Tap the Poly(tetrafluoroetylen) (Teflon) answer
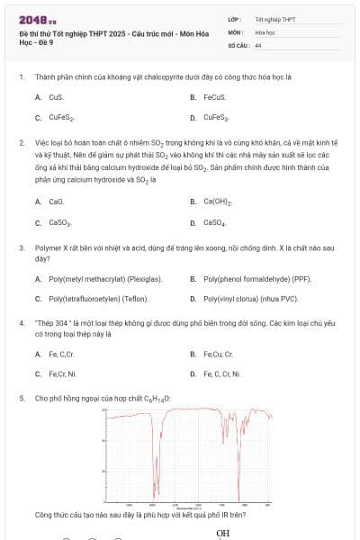[x=99, y=299]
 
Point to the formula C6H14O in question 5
[x=157, y=397]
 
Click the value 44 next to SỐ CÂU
[x=258, y=44]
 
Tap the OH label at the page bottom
[x=223, y=534]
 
